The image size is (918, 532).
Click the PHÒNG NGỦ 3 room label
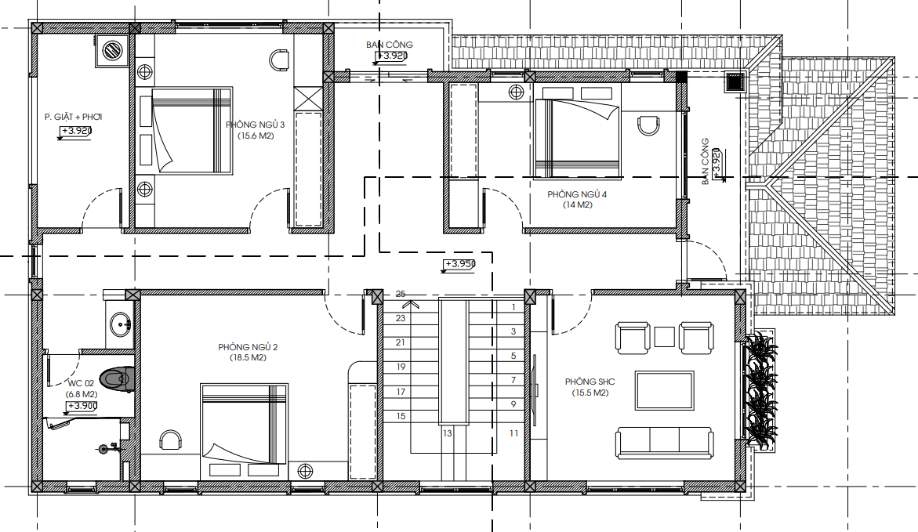tap(255, 125)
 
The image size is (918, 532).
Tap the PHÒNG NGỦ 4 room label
tap(577, 194)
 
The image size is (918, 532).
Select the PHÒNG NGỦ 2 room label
tap(248, 347)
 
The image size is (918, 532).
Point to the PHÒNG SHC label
tap(590, 382)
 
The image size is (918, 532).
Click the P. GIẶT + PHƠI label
tap(73, 117)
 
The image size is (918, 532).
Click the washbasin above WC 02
tap(122, 324)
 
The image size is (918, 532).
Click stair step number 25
tap(401, 294)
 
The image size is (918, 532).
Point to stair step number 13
tap(448, 434)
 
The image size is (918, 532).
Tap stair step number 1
tap(513, 307)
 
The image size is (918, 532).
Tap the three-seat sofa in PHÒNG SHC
tap(665, 443)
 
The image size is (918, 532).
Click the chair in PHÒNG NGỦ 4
tap(648, 125)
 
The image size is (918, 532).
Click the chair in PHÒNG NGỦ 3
tap(280, 60)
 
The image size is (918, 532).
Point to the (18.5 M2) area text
tap(248, 357)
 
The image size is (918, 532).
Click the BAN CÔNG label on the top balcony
tap(390, 45)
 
